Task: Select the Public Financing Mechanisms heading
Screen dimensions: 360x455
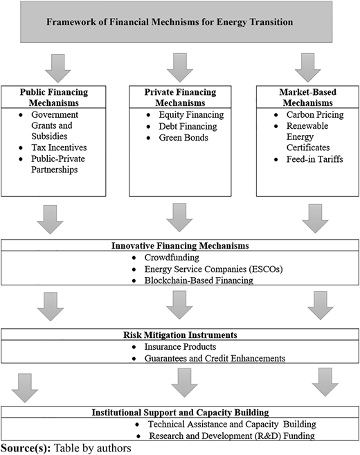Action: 54,98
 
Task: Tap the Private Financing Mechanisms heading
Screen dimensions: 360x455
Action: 180,98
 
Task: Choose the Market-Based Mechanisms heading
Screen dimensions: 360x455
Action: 308,98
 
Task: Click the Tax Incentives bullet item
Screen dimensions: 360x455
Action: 59,148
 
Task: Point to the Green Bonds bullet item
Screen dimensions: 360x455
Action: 183,137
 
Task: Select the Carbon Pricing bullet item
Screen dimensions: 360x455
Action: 315,115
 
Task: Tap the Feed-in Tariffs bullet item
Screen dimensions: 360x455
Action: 315,159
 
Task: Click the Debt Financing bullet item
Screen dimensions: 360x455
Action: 188,126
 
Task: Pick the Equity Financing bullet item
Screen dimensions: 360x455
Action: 191,115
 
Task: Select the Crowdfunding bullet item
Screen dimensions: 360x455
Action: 172,258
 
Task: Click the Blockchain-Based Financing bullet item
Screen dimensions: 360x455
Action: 199,280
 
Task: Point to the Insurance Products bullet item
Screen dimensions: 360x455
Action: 180,347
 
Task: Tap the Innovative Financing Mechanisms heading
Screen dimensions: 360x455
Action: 180,245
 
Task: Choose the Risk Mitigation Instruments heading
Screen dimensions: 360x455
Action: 180,335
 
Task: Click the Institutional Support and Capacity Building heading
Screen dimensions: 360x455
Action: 180,412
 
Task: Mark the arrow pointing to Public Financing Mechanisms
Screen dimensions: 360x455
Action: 58,68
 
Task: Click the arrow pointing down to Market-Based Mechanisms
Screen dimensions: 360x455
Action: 308,68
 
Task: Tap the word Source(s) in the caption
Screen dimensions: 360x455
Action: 26,448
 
